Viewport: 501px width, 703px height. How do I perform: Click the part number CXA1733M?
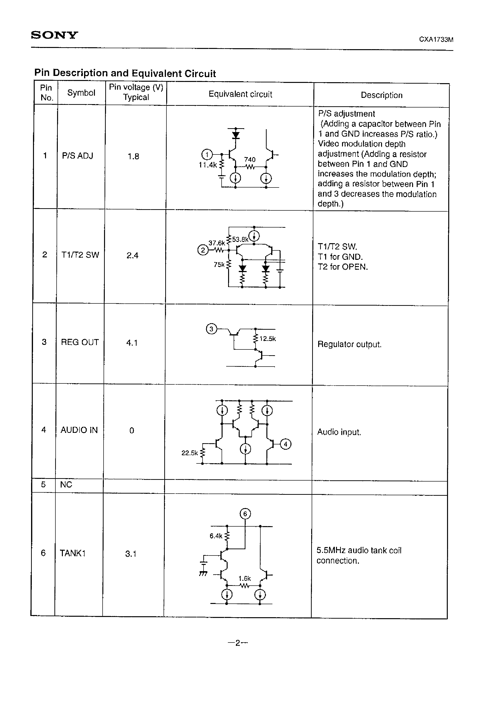436,40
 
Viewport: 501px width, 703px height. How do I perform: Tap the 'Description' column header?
381,95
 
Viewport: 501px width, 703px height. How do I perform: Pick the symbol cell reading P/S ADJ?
77,156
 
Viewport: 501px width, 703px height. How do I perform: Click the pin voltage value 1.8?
133,156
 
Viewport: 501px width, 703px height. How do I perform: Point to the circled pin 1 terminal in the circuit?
207,154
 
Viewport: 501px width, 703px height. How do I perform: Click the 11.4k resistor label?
208,165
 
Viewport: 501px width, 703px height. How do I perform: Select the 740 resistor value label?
250,160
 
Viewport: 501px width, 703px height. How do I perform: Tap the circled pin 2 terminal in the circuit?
203,250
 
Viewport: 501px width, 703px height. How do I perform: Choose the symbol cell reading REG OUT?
79,342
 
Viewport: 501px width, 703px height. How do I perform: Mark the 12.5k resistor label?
267,339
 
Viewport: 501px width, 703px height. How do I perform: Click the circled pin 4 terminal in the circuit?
286,444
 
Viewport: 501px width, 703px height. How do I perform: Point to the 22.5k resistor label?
189,453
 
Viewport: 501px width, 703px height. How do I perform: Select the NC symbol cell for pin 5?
66,484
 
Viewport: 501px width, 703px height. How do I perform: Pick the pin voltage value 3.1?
131,554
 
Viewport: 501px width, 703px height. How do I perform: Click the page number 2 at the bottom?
237,643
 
